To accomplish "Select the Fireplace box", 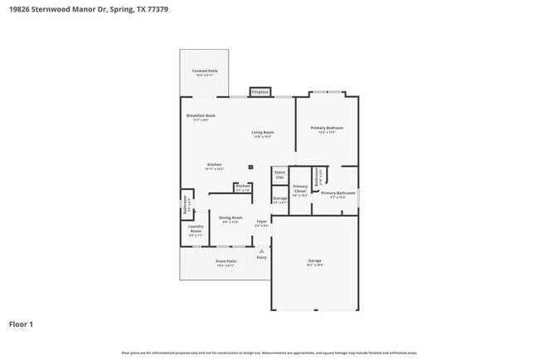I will point(260,91).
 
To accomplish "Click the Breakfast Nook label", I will point(201,115).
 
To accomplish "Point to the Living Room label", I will point(264,132).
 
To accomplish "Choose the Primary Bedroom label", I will point(327,128).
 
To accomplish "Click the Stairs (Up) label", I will point(279,174).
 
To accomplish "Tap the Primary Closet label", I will point(300,189).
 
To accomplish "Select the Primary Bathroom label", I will point(343,192).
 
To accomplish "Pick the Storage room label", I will point(280,198).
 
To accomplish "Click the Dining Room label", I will point(231,217).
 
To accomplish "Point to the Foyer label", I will point(261,221).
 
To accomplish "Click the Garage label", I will point(314,260).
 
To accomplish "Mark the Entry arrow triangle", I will point(261,249).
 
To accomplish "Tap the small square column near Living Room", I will point(250,167).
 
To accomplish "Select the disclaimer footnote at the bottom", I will point(269,352).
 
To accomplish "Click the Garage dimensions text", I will point(314,265).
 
